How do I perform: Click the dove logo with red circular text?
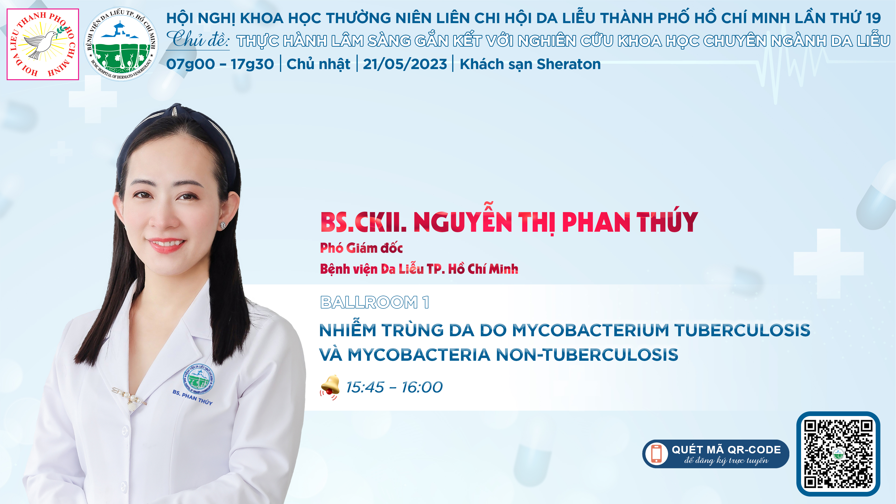[43, 44]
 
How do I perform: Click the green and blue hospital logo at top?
[121, 44]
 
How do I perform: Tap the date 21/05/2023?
[405, 64]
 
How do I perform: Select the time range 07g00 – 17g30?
[220, 64]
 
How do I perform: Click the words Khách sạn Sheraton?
[530, 64]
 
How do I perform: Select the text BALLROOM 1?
[374, 302]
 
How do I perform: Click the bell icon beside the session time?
[330, 387]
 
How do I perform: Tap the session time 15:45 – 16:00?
[394, 387]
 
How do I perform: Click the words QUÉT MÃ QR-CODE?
[726, 449]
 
